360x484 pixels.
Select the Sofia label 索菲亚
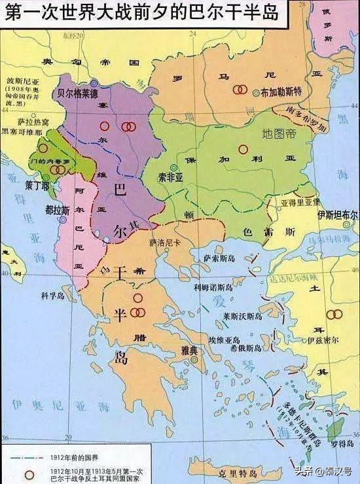pyautogui.click(x=172, y=177)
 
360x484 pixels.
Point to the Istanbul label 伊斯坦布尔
pyautogui.click(x=338, y=215)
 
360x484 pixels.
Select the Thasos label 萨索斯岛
pyautogui.click(x=220, y=259)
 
